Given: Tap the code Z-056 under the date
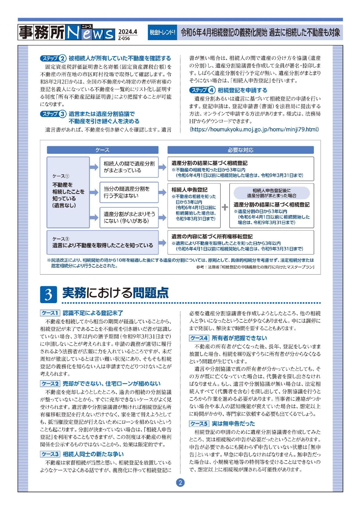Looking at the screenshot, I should (x=124, y=38).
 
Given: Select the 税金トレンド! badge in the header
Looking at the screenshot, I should (x=162, y=32).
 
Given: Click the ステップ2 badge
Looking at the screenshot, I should (x=53, y=58).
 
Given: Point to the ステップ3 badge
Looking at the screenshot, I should (x=53, y=114).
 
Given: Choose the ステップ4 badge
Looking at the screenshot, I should (x=202, y=90).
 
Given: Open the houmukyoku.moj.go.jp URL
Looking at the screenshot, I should (x=254, y=129).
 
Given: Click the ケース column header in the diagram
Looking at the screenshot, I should (x=103, y=150).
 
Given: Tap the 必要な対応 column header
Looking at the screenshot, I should (x=240, y=150).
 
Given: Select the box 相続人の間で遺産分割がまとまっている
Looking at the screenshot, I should (x=129, y=167).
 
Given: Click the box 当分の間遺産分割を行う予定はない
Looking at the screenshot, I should (x=129, y=192).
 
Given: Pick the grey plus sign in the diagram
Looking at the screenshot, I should (x=225, y=207).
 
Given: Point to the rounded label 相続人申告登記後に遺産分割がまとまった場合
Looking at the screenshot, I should (x=272, y=193).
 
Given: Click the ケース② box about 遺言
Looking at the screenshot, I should (x=103, y=242).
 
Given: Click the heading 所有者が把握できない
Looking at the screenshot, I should (x=239, y=338).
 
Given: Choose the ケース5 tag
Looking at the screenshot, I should (x=199, y=423).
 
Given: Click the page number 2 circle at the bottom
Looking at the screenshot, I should (x=180, y=483).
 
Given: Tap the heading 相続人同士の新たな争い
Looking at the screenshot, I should (x=93, y=454).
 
